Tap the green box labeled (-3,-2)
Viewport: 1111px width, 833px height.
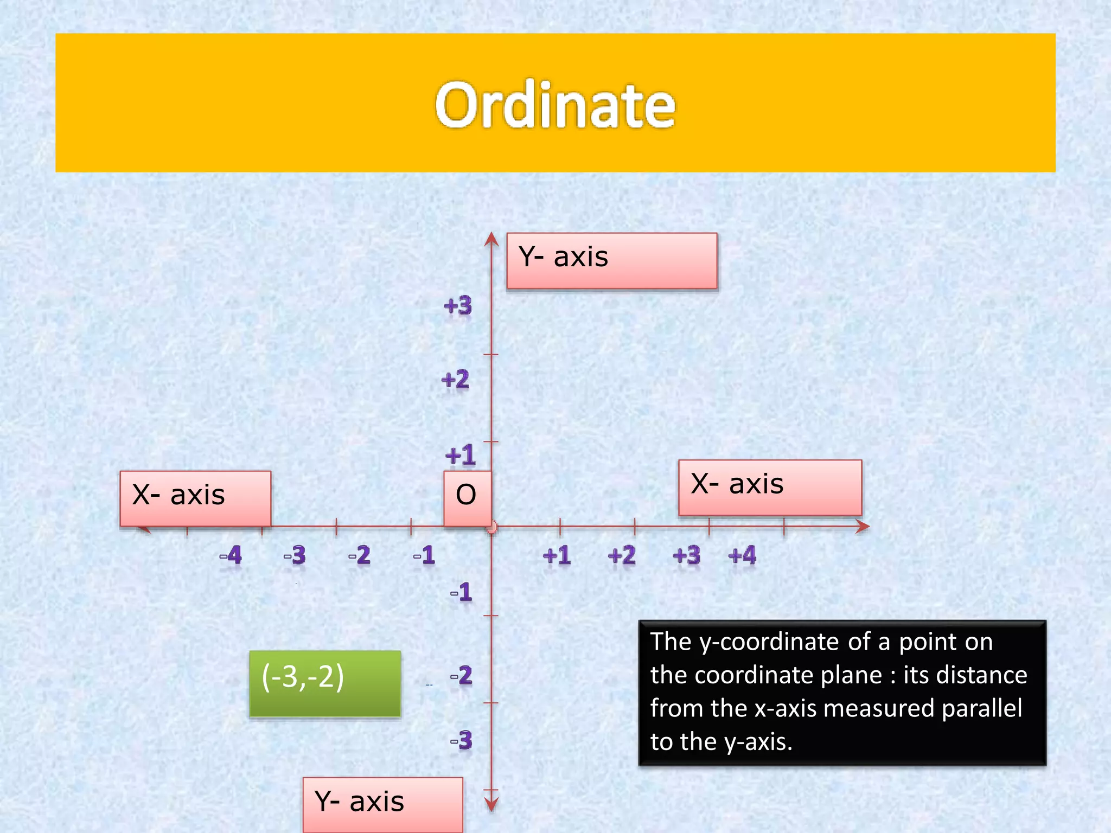click(324, 683)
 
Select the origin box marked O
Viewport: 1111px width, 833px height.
click(467, 497)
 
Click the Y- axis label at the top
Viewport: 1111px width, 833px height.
click(611, 260)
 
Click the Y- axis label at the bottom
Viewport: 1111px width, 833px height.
click(382, 804)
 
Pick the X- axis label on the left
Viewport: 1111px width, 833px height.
click(195, 497)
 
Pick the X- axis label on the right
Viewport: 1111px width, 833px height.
click(769, 486)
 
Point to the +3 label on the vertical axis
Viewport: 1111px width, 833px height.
click(458, 306)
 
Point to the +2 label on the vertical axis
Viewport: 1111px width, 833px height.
click(455, 379)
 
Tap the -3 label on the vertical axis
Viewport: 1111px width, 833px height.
click(462, 740)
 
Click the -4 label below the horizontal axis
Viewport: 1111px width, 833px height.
click(231, 555)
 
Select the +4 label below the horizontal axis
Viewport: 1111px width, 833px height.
click(742, 555)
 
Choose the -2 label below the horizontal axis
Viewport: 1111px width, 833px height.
click(360, 555)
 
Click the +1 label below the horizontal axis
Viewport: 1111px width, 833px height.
click(557, 555)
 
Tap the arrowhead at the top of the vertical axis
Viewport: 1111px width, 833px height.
click(491, 239)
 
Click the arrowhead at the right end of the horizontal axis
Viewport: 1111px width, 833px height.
click(863, 526)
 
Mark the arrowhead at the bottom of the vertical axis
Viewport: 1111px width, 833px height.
click(491, 805)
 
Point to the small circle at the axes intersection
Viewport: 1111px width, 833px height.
click(491, 527)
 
